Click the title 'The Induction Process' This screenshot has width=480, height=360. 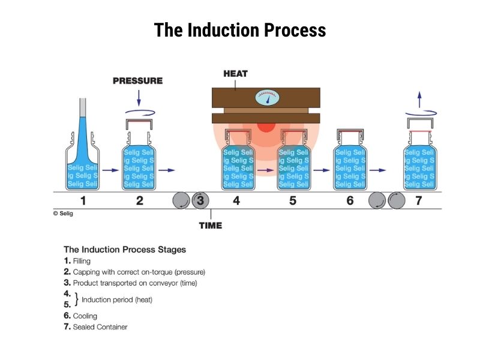(x=240, y=30)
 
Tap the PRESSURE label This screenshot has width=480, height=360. (x=137, y=80)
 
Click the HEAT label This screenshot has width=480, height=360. (x=235, y=74)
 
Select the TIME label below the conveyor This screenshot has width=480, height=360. (x=210, y=226)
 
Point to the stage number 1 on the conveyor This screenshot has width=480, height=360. (x=83, y=200)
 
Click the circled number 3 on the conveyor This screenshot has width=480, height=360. (x=200, y=200)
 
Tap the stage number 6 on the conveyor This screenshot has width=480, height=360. (x=350, y=200)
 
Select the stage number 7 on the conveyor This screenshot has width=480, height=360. (x=419, y=200)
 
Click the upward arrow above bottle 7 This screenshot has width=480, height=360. (x=419, y=98)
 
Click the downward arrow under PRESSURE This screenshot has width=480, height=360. (x=139, y=97)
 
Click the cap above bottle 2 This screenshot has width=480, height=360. (x=139, y=124)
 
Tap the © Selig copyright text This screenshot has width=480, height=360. (x=63, y=213)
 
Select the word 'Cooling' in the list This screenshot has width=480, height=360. (x=85, y=316)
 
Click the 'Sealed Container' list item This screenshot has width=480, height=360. (x=100, y=327)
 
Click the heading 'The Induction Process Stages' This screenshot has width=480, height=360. (x=125, y=249)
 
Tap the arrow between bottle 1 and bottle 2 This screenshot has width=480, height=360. (x=110, y=170)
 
